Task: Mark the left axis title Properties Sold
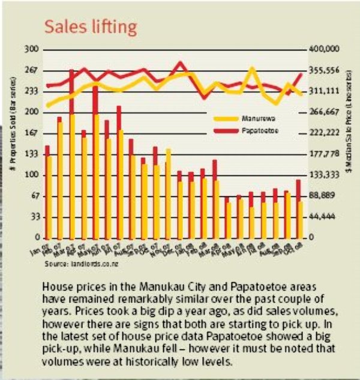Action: click(x=13, y=142)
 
